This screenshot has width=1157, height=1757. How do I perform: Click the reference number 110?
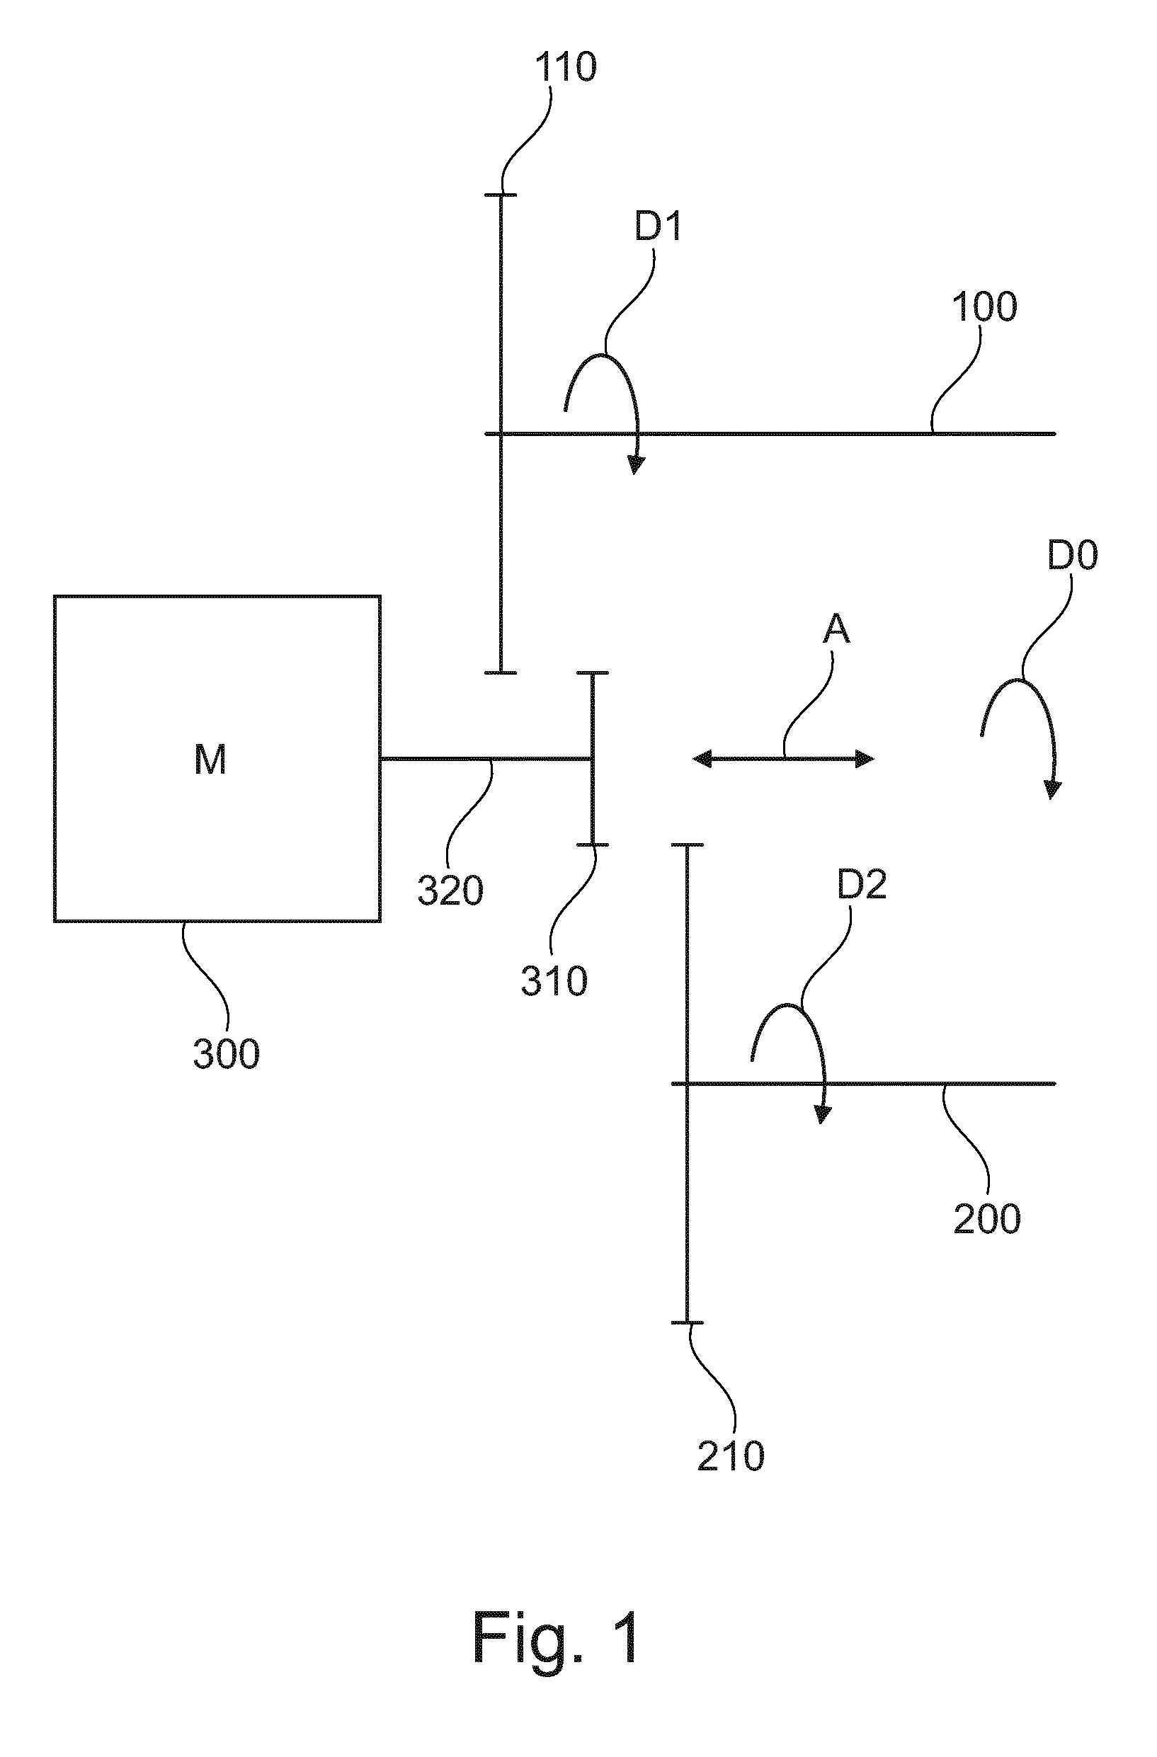tap(565, 67)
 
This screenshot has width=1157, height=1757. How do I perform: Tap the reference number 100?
tap(984, 307)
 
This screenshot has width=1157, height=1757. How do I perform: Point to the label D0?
tap(1072, 555)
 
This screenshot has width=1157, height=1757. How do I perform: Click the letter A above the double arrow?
tap(836, 629)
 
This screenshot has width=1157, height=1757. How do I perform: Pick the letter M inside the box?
tap(210, 759)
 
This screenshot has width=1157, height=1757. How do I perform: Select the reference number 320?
tap(450, 890)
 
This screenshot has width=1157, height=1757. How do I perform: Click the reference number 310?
tap(554, 981)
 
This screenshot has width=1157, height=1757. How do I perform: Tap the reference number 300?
tap(226, 1053)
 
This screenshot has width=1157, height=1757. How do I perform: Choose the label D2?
tap(862, 883)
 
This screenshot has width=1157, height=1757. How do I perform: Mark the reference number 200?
tap(987, 1218)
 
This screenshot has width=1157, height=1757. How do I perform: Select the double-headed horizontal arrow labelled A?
tap(783, 758)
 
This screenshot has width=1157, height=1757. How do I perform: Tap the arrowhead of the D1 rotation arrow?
tap(636, 464)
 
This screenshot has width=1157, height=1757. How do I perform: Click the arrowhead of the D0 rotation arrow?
tap(1052, 789)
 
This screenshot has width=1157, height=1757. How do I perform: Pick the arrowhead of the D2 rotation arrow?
tap(821, 1114)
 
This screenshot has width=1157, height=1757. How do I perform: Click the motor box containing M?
tap(217, 758)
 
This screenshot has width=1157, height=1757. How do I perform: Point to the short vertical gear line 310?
tap(592, 758)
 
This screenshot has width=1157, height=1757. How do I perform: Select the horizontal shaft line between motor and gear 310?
tap(486, 758)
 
